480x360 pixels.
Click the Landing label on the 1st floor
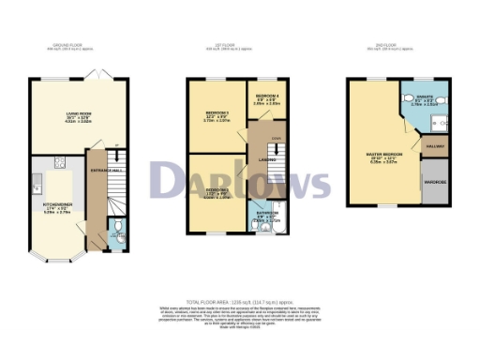266,160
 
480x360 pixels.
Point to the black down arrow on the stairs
275,150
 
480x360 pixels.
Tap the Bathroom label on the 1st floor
266,213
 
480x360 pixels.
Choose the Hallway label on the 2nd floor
435,145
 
